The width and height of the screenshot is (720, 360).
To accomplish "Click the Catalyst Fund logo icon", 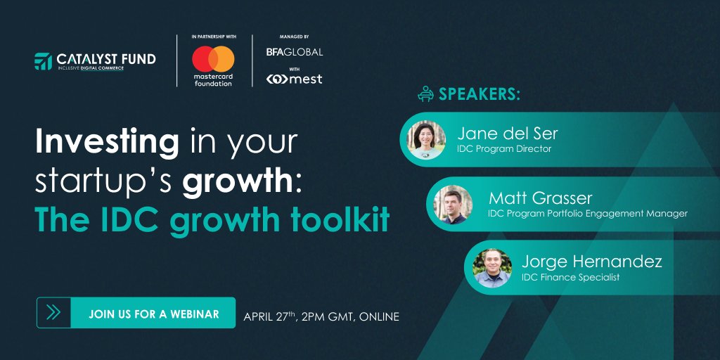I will (44, 61).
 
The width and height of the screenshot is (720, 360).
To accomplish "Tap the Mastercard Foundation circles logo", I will (213, 58).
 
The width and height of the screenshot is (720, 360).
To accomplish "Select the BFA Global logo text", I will (294, 52).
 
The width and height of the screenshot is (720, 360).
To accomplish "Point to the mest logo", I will (294, 79).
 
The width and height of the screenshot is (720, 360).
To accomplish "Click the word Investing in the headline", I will (107, 143).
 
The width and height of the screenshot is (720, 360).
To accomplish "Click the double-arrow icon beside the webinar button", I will (53, 313).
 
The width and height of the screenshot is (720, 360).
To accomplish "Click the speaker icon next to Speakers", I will (425, 94).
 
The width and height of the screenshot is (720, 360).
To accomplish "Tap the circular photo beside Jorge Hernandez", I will (492, 268).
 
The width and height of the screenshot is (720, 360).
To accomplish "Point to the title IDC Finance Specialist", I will (570, 278).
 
